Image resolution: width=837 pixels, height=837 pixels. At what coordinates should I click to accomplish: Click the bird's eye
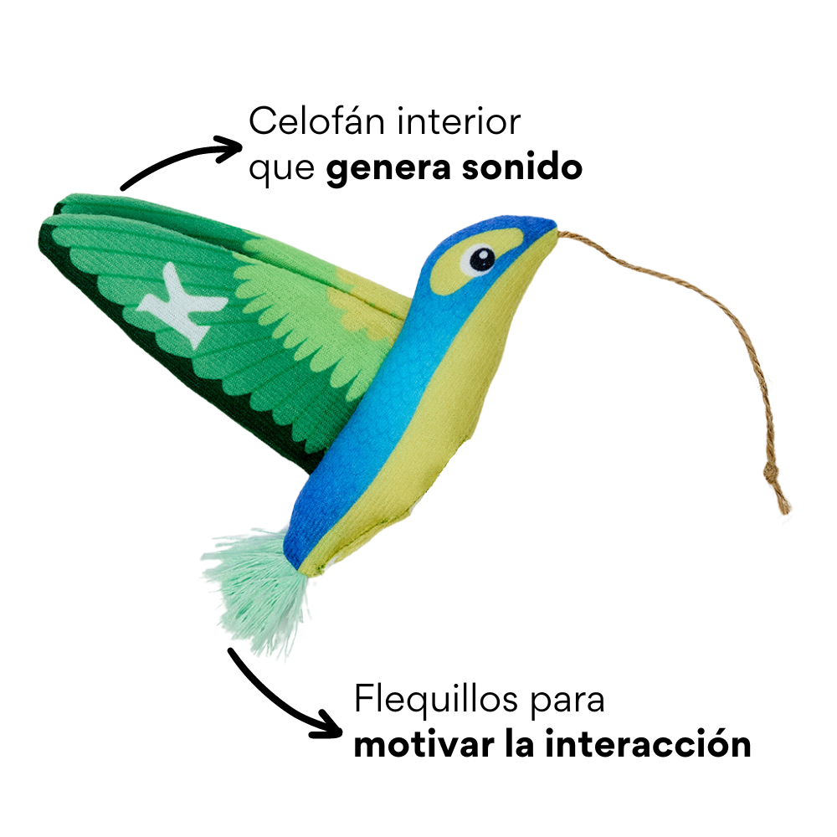coord(481,259)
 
